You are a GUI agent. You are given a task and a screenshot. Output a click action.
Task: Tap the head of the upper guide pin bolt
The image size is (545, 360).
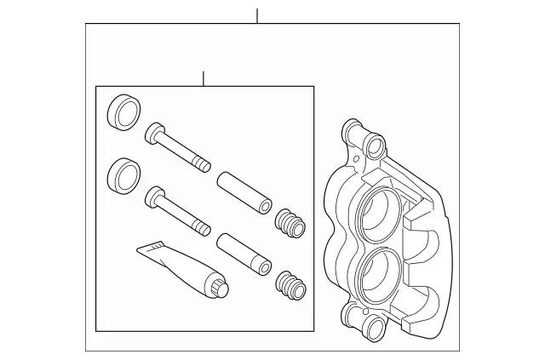point(154,133)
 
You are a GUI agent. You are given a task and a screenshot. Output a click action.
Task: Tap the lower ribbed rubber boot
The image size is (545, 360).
point(291,284)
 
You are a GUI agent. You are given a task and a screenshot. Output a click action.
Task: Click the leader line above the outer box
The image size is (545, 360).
point(256,15)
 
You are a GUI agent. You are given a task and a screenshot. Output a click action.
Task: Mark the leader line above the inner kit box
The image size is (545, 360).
point(203,79)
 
